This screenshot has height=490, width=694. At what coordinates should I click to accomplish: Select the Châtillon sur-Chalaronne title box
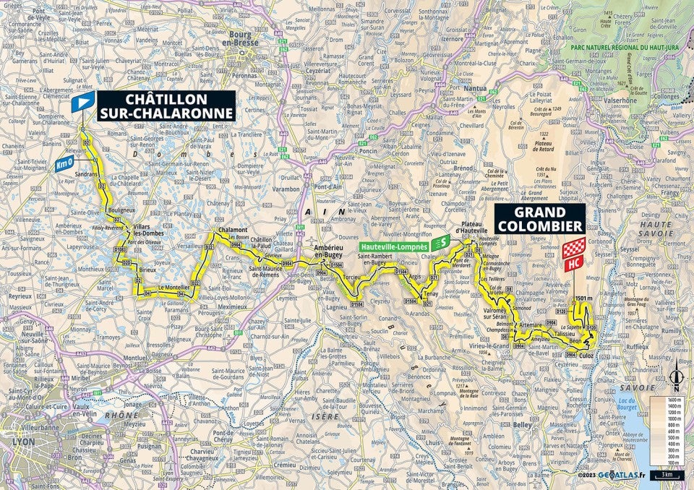point(166,106)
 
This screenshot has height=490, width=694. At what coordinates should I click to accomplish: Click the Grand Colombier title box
point(539,219)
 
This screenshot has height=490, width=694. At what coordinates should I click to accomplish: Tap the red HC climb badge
point(573,265)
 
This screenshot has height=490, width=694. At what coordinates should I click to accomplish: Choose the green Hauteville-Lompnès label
point(394,246)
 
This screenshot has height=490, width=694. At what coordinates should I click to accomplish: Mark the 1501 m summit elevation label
point(584,298)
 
